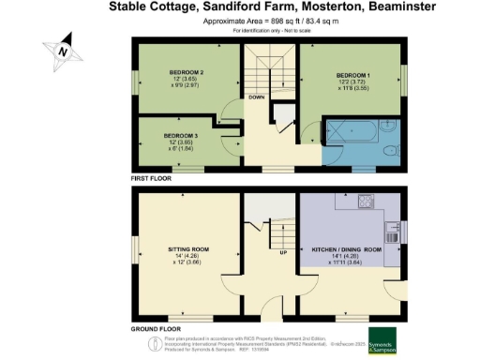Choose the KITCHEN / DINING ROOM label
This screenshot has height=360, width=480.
point(346,250)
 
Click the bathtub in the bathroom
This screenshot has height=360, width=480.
point(351,132)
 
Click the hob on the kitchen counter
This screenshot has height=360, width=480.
point(362,202)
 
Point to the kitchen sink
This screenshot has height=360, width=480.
point(396,227)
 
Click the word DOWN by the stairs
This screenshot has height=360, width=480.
point(256,96)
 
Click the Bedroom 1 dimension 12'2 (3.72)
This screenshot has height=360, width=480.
point(355,81)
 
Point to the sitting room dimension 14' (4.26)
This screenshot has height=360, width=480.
point(187,256)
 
